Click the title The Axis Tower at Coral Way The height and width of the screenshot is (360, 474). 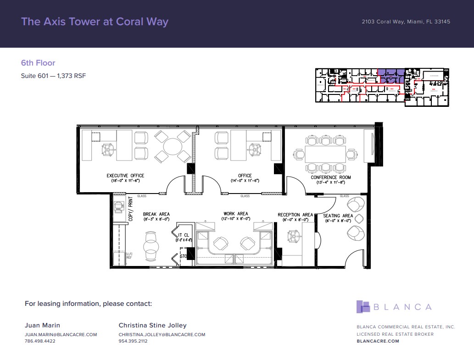pos(95,22)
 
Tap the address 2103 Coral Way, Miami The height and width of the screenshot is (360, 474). pos(406,22)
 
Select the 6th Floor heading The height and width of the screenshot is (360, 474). pos(38,63)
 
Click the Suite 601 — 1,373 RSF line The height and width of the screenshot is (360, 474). pos(53,76)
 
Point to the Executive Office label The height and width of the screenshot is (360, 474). pos(125,176)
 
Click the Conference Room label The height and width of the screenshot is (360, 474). pos(330,177)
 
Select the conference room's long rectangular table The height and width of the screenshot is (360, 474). pos(326,154)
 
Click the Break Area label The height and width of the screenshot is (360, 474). pos(156,214)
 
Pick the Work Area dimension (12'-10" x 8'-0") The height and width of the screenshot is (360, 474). pos(236,219)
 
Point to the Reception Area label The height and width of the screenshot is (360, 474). pos(295,215)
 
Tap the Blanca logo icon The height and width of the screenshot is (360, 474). pos(363,307)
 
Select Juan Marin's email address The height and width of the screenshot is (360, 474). pos(61,335)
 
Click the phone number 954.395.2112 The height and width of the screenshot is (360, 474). pos(133,341)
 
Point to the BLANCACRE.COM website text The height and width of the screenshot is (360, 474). pos(378,341)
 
